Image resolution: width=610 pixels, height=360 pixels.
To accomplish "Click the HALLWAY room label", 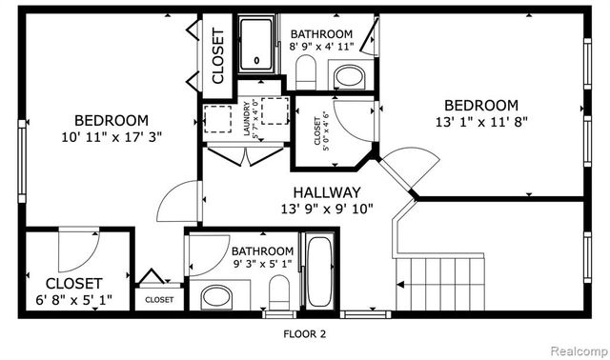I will (x=326, y=191).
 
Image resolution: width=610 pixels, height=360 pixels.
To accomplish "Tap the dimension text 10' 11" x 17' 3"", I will (x=112, y=137).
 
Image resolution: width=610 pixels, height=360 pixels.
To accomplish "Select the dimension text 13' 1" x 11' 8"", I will (x=481, y=122).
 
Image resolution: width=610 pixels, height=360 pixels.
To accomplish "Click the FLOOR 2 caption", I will (x=305, y=333).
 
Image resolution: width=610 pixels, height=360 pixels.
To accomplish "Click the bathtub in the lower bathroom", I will (x=317, y=272).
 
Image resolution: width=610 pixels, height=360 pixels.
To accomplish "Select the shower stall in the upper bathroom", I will (x=254, y=45).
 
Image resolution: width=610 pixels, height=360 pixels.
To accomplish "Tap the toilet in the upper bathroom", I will (x=306, y=70).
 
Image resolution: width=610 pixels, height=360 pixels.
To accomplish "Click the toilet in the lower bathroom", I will (x=279, y=291).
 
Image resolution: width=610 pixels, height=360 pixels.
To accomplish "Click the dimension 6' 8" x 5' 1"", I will (x=73, y=300).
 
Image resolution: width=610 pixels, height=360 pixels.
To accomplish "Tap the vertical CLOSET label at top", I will (x=217, y=57).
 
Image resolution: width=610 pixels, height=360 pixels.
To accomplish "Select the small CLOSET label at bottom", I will (x=159, y=299).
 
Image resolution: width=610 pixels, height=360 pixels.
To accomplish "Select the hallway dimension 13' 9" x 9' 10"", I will (x=326, y=209).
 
